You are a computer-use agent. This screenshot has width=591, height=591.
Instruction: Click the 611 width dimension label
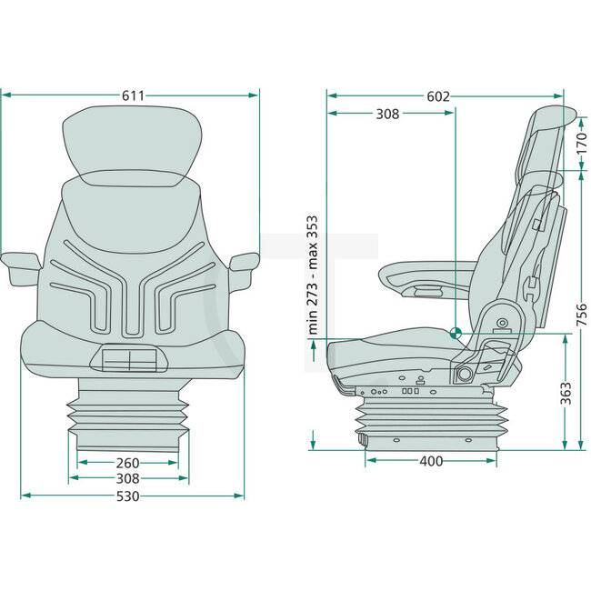tap(133, 95)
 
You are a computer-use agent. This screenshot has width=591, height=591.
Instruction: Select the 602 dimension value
tap(438, 95)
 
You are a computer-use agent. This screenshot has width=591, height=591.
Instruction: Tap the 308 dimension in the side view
tap(387, 114)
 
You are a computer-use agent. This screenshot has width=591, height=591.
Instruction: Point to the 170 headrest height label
tap(582, 143)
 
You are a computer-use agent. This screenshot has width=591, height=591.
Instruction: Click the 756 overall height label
tap(582, 313)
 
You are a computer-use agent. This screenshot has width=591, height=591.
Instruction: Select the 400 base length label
tap(431, 461)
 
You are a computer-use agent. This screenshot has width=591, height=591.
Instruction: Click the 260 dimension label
tap(128, 462)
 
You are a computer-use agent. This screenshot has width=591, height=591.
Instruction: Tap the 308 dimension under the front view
tap(128, 477)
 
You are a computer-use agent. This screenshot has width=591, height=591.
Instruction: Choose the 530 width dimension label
tap(133, 496)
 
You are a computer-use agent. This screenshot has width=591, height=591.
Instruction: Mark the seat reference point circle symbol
tap(456, 333)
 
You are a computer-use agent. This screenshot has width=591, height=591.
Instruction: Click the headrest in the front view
tap(133, 144)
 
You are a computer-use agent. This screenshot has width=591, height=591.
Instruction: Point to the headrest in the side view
tap(545, 141)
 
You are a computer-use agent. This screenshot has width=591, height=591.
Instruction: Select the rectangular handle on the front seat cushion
tap(130, 361)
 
